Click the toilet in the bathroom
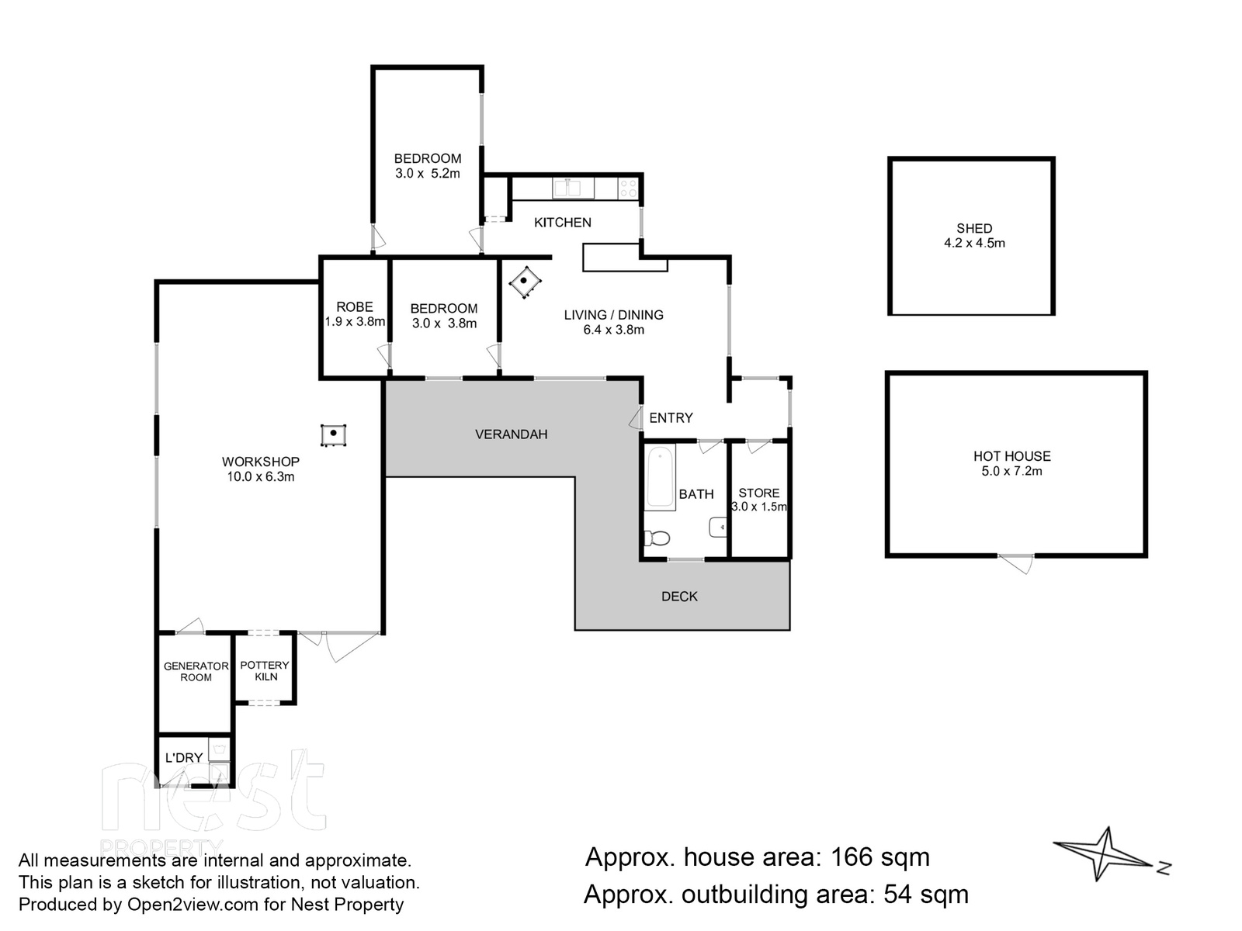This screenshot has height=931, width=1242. pos(658,537)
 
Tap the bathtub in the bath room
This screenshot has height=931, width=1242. pos(661,476)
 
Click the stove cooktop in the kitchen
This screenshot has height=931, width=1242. pos(628,188)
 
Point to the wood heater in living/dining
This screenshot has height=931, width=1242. pos(526,281)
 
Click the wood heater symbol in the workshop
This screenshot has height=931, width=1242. pos(333,434)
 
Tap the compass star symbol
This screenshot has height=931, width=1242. pos(1105,853)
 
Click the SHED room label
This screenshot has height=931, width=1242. pos(973,228)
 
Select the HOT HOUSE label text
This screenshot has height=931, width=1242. pos(1011,456)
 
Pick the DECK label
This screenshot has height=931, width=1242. pos(679,596)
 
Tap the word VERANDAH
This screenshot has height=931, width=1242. pos(511,434)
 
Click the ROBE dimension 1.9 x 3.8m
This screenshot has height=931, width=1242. pos(355,322)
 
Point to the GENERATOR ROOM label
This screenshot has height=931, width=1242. pos(196,671)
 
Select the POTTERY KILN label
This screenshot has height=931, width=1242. pos(265,670)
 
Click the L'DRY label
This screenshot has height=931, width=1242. pos(183,758)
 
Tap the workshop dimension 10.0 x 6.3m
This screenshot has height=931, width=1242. pos(260,477)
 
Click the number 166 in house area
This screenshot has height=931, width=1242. pos(852,857)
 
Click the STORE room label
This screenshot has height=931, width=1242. pos(758,493)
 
